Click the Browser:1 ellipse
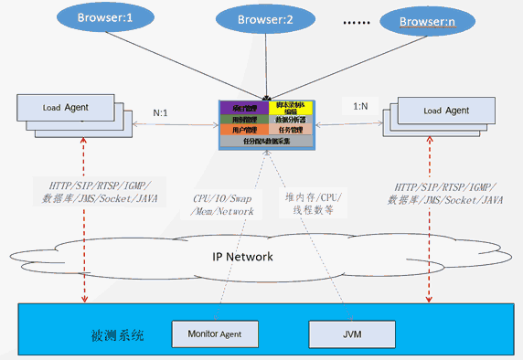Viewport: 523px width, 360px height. pos(105,16)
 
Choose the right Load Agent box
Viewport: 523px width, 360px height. pos(445,111)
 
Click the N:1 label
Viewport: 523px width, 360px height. pos(160,114)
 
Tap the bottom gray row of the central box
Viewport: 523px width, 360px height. pos(266,142)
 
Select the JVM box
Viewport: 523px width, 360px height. pos(352,333)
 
